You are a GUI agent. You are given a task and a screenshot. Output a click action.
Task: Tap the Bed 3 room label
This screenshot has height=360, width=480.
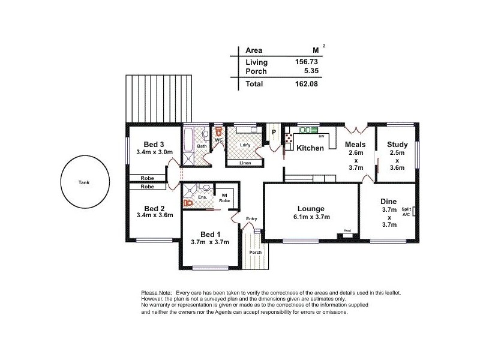154,145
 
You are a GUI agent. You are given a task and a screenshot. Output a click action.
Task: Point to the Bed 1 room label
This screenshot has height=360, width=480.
210,234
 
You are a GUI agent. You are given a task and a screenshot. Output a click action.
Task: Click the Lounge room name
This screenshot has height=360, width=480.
311,208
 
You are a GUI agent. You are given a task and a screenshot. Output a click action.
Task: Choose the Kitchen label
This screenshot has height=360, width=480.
310,148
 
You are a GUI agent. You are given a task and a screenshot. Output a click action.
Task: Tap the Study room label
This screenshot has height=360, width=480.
397,145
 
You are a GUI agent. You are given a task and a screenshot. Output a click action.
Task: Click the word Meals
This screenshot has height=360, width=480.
356,145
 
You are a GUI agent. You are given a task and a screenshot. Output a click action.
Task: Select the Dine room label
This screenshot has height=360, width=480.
389,202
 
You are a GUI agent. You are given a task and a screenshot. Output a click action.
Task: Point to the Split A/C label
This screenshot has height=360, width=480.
406,211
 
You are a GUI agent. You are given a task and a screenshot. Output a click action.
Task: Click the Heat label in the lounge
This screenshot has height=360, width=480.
347,231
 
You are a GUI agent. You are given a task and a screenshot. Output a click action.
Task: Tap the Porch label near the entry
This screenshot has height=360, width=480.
256,252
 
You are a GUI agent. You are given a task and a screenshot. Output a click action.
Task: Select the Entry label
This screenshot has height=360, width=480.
251,219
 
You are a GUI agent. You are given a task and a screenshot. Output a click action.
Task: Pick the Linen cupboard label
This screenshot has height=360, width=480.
245,163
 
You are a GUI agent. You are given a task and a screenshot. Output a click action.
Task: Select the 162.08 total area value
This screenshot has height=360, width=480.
306,85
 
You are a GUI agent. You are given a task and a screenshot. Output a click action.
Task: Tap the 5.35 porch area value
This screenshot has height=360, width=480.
310,71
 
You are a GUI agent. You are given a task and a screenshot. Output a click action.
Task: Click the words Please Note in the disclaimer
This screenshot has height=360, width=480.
157,292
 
